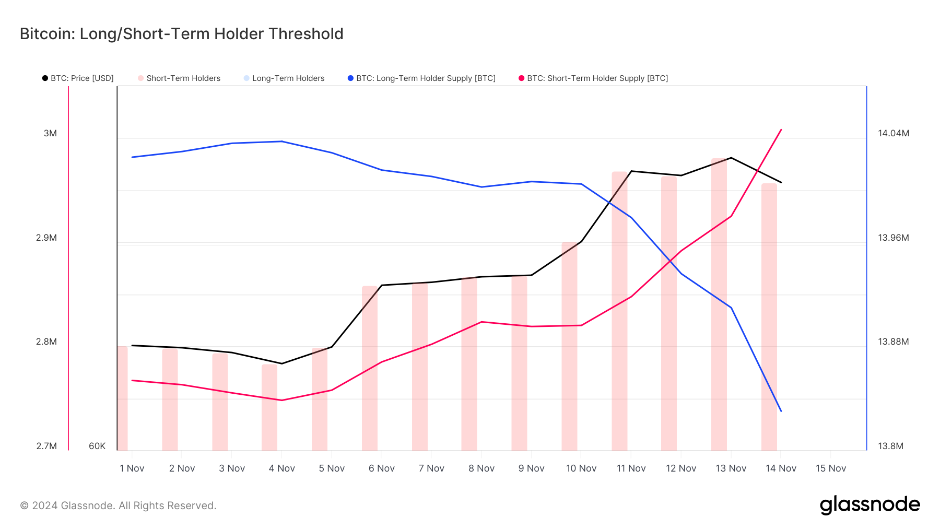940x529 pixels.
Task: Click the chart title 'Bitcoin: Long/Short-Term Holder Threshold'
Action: pyautogui.click(x=181, y=34)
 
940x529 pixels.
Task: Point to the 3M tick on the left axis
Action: pyautogui.click(x=50, y=134)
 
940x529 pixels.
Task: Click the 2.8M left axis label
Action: pyautogui.click(x=46, y=342)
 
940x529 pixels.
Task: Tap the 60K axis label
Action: pyautogui.click(x=97, y=446)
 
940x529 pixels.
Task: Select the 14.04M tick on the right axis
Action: pyautogui.click(x=893, y=134)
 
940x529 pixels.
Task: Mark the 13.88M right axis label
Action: pyautogui.click(x=893, y=342)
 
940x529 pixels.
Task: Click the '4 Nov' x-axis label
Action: pyautogui.click(x=282, y=468)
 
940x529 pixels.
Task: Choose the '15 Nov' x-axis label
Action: pyautogui.click(x=831, y=468)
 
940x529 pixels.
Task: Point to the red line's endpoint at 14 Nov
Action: pyautogui.click(x=781, y=130)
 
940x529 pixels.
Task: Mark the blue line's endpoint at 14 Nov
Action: pyautogui.click(x=781, y=411)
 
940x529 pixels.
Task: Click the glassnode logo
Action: pyautogui.click(x=869, y=505)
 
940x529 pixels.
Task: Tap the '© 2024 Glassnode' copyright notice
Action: pyautogui.click(x=118, y=506)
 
